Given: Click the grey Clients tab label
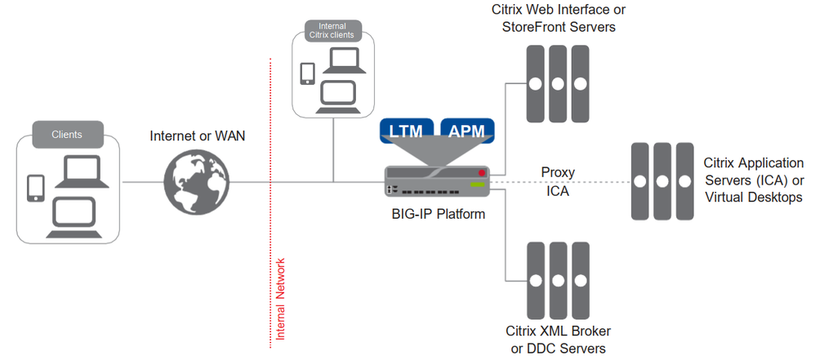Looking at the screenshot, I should point(67,134).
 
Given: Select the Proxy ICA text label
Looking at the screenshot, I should point(559,182).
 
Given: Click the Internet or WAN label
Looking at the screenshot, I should point(198,136).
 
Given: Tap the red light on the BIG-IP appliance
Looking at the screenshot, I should point(483,173).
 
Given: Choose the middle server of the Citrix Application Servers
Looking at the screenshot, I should point(662,181).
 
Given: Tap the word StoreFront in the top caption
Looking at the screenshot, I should point(524,27).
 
